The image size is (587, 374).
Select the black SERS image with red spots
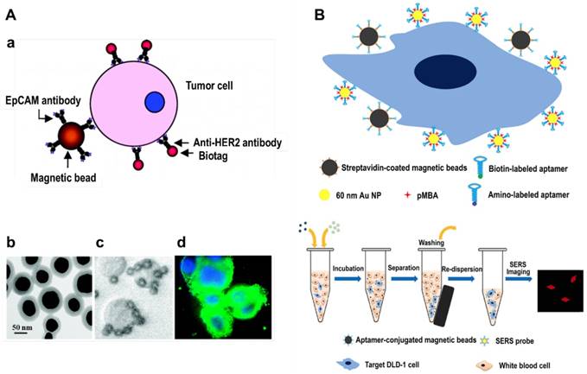558,289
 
